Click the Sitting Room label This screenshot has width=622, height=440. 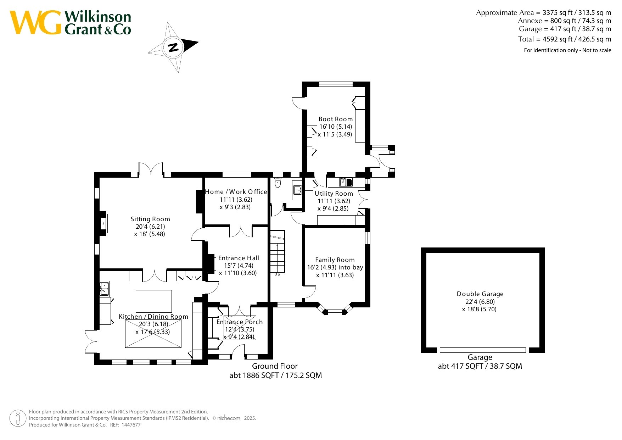tap(150, 219)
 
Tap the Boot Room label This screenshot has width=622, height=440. tap(336, 119)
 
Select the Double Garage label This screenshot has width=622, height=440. tap(480, 294)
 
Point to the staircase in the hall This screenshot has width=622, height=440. tap(278, 251)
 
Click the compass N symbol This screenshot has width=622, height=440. tap(173, 47)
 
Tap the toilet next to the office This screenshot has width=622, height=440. tap(278, 183)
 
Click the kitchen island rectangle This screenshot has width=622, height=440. tap(154, 301)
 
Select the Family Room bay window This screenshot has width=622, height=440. tap(335, 310)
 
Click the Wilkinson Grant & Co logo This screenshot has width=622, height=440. tap(70, 23)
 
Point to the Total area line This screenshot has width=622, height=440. tap(565, 39)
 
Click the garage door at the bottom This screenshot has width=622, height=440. tap(483, 350)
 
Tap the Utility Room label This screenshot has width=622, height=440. tap(334, 194)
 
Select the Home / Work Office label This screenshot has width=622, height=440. tap(236, 192)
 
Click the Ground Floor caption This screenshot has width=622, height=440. tap(275, 366)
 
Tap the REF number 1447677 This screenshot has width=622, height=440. tap(131, 425)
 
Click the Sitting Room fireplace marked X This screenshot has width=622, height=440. tap(103, 223)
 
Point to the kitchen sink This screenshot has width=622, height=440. tap(104, 289)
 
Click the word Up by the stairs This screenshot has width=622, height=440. tap(277, 274)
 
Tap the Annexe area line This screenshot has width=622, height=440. tap(565, 21)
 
